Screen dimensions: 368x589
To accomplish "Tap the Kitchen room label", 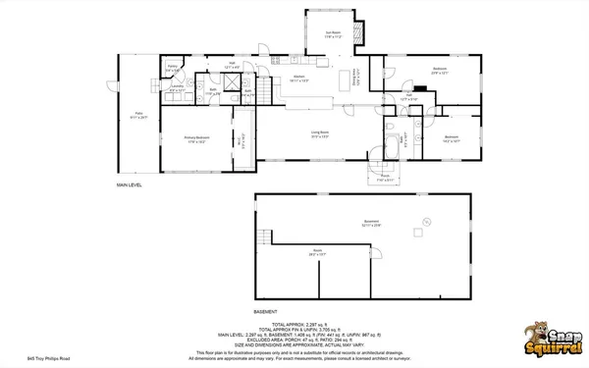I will click(x=299, y=79).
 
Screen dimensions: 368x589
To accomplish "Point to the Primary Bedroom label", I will click(x=196, y=137).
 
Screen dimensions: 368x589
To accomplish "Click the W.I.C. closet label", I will click(x=241, y=139).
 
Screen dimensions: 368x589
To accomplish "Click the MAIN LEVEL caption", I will click(x=131, y=184).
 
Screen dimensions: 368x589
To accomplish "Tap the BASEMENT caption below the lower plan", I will click(x=266, y=311).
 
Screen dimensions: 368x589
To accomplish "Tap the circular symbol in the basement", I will click(x=426, y=219).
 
